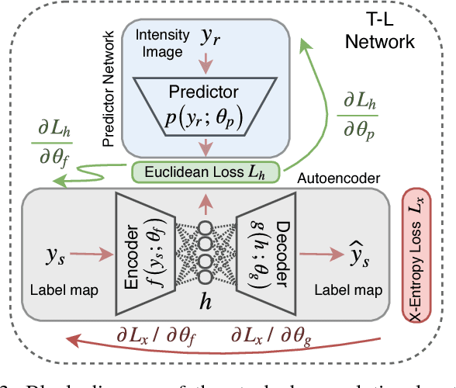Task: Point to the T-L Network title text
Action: tap(394, 31)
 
